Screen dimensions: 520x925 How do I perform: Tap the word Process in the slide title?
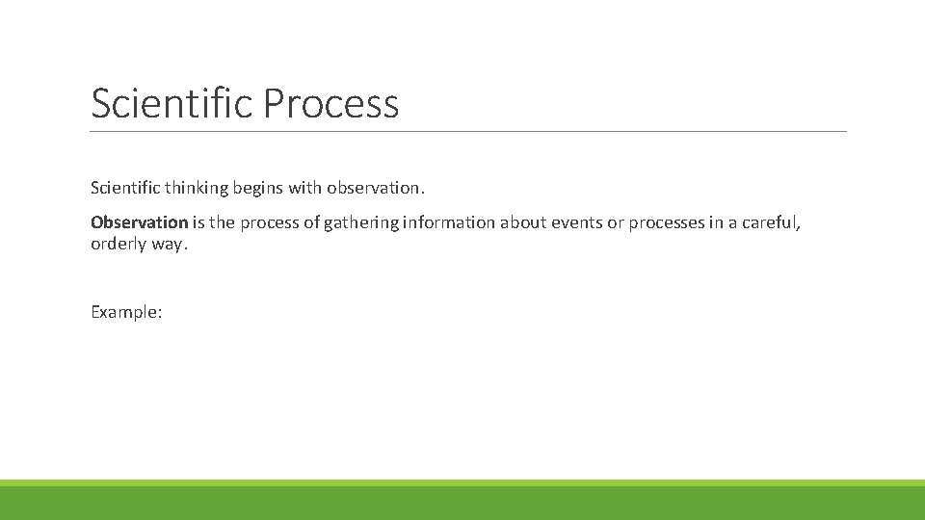[x=330, y=103]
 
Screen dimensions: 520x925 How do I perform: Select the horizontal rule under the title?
[x=468, y=131]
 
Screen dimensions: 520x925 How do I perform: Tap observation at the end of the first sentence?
[x=374, y=186]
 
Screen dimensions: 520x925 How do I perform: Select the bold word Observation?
[x=139, y=222]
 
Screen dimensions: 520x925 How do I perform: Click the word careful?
[x=771, y=222]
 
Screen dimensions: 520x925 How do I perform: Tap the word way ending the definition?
[x=167, y=244]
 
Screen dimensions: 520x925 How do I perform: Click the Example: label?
[x=126, y=312]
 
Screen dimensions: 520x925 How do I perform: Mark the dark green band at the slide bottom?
[x=462, y=504]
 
